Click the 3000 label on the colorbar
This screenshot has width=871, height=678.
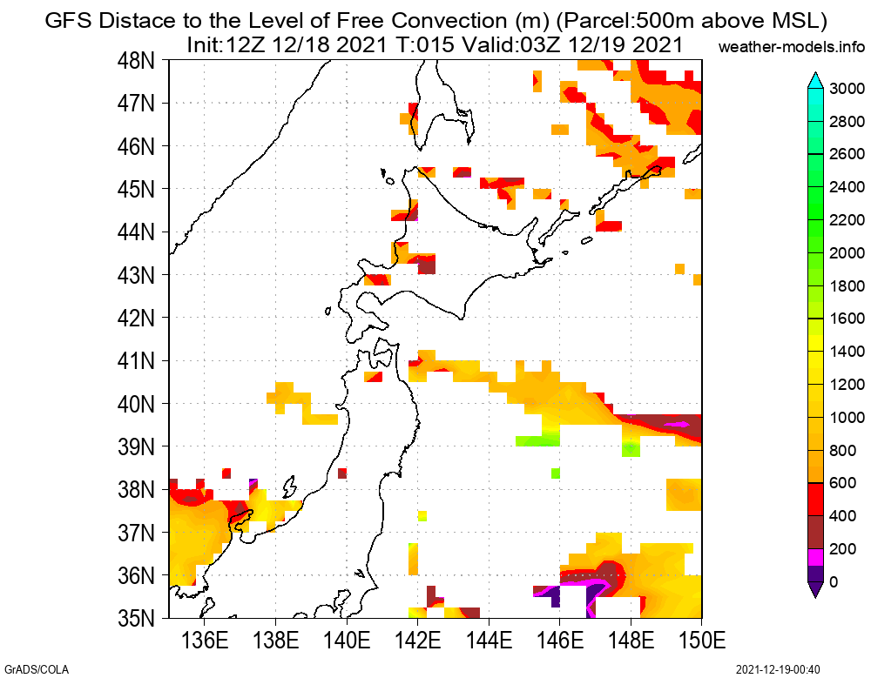tap(847, 88)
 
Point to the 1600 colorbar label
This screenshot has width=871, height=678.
tap(847, 319)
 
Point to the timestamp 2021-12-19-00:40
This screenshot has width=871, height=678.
tap(778, 669)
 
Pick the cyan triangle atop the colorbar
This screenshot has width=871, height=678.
tap(814, 80)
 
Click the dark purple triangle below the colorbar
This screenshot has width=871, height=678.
tap(814, 589)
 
